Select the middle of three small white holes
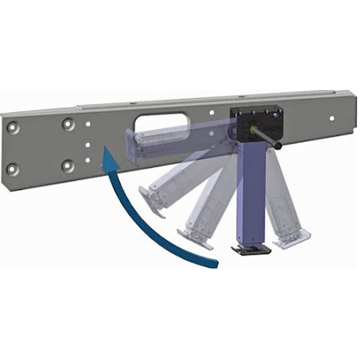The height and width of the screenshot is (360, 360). pos(87,143)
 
